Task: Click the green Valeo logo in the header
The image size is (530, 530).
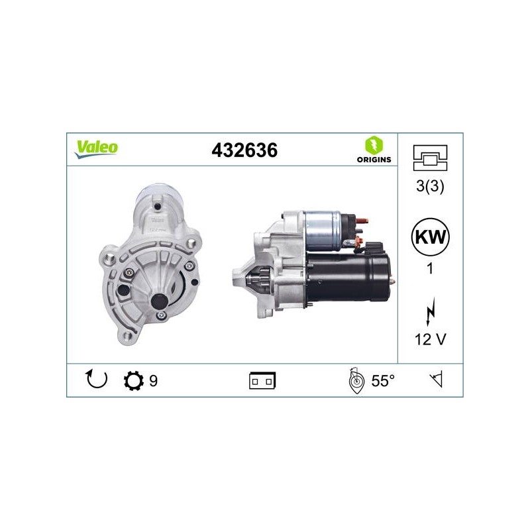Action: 96,149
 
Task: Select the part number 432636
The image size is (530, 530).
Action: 244,150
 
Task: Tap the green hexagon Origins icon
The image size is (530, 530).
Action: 374,145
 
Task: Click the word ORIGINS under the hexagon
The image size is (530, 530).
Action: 374,160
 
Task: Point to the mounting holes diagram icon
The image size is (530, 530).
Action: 430,158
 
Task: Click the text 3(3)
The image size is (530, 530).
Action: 430,186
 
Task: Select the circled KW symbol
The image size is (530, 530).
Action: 430,237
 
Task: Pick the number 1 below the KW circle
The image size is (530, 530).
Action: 429,269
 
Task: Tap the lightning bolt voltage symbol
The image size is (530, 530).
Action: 430,311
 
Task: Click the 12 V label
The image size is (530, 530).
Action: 430,339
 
